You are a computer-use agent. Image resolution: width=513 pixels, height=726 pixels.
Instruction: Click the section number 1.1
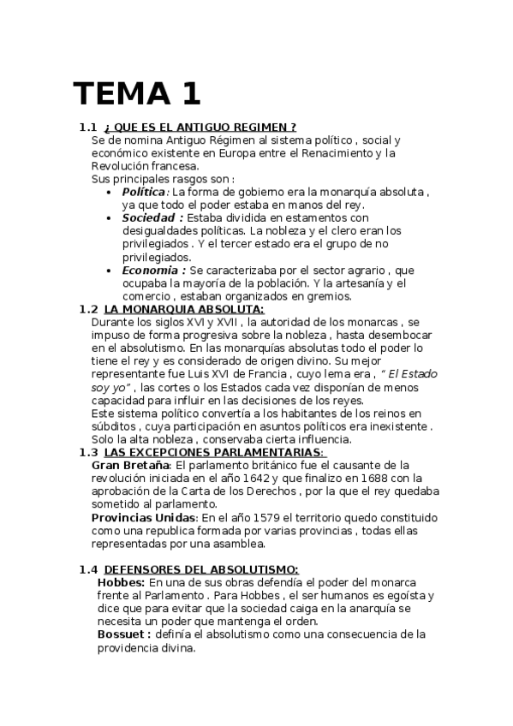click(88, 127)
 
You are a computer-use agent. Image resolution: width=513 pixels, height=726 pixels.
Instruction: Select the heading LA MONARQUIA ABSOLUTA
click(184, 309)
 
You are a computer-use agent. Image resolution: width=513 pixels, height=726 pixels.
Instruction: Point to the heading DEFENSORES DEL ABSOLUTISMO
click(201, 569)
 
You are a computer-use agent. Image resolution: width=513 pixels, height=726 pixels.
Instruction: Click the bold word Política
click(144, 192)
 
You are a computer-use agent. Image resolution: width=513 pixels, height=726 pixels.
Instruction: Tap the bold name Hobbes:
click(121, 582)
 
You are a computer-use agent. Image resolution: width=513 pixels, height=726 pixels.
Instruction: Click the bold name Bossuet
click(124, 634)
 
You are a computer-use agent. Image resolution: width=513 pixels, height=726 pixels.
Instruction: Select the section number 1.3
click(88, 452)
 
